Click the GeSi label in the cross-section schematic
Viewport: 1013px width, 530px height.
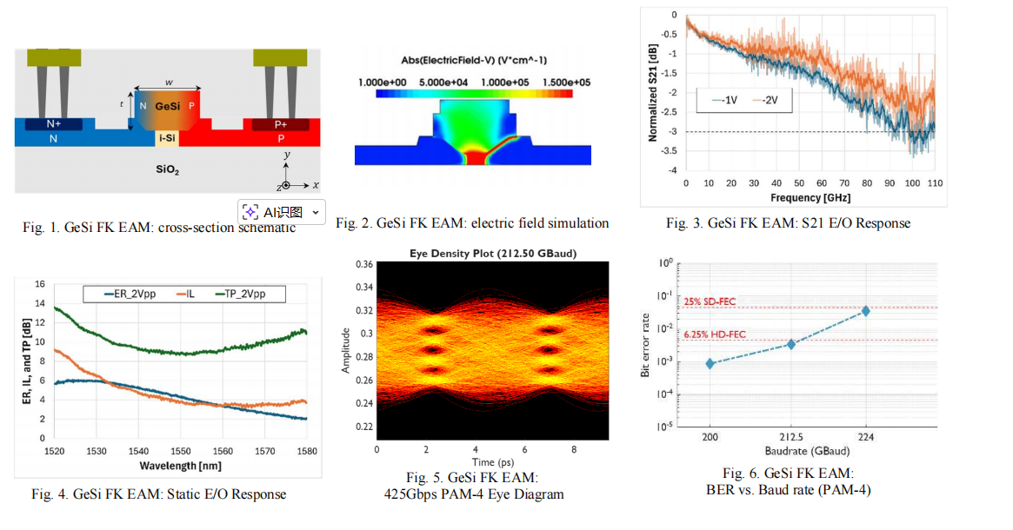pos(167,106)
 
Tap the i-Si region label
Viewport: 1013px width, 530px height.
pos(168,138)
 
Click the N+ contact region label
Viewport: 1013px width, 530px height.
pos(54,124)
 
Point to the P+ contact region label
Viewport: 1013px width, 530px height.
pos(280,124)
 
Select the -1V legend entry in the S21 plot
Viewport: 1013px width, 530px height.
pos(724,100)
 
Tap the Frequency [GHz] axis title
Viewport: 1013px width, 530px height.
pos(804,198)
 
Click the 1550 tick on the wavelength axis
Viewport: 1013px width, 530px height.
pos(180,452)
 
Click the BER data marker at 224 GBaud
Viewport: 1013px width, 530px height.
pos(866,310)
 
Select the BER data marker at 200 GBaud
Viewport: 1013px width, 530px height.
pos(710,363)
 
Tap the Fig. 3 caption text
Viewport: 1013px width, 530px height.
pos(788,223)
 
